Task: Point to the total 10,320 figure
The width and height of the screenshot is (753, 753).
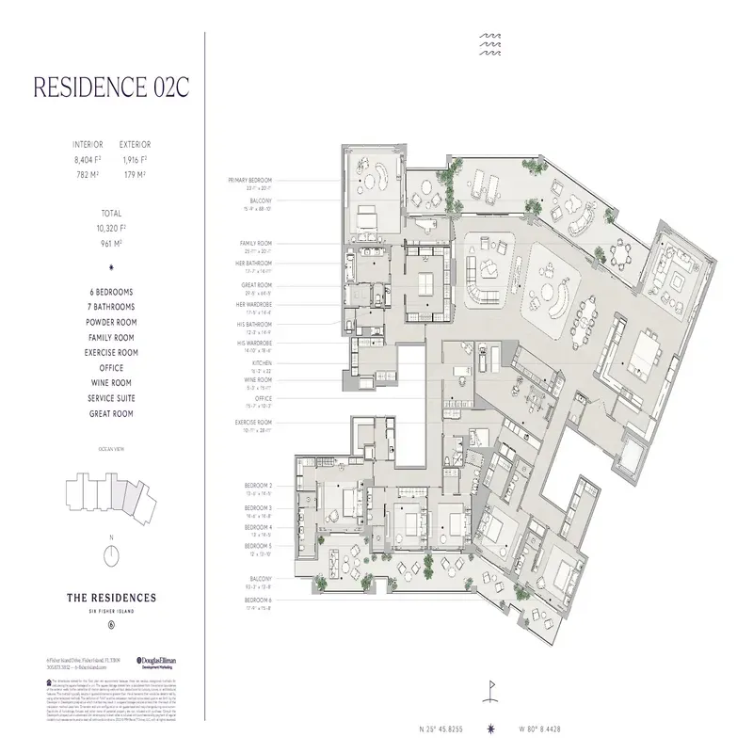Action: coord(111,227)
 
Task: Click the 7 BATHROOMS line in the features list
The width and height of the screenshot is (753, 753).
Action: coord(111,307)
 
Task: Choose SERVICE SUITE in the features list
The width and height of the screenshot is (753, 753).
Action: coord(111,398)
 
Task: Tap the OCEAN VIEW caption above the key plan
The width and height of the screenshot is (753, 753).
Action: coord(111,450)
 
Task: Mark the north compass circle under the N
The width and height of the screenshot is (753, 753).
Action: coord(111,554)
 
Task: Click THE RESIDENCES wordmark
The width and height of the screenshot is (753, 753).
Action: coord(111,597)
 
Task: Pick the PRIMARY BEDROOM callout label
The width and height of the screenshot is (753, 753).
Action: coord(249,180)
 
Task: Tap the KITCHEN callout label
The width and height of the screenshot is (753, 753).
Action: coord(263,362)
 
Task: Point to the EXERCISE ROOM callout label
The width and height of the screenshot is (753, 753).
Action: coord(253,423)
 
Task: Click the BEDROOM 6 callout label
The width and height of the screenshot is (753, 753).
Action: coord(259,599)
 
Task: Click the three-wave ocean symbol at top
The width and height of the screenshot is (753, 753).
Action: coord(491,43)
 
